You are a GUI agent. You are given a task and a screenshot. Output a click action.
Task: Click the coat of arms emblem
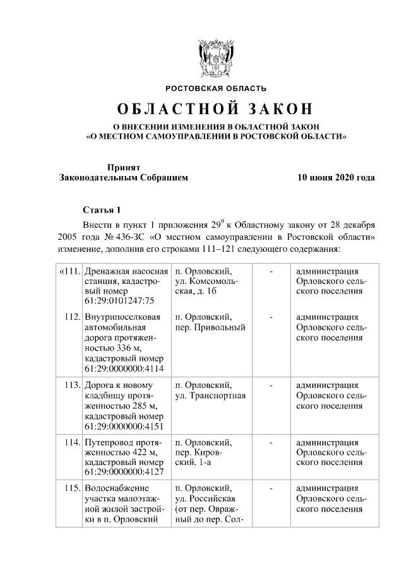tap(216, 57)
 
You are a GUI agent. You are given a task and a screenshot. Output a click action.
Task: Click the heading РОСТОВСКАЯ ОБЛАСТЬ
tap(216, 88)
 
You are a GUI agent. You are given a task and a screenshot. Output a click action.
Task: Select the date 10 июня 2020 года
tap(336, 178)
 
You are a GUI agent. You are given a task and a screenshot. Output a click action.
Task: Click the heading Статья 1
tap(101, 209)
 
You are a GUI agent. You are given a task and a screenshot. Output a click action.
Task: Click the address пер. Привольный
tap(210, 327)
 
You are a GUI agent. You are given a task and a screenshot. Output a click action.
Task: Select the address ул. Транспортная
tap(210, 396)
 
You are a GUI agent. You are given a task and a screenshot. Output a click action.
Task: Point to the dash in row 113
tap(271, 385)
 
